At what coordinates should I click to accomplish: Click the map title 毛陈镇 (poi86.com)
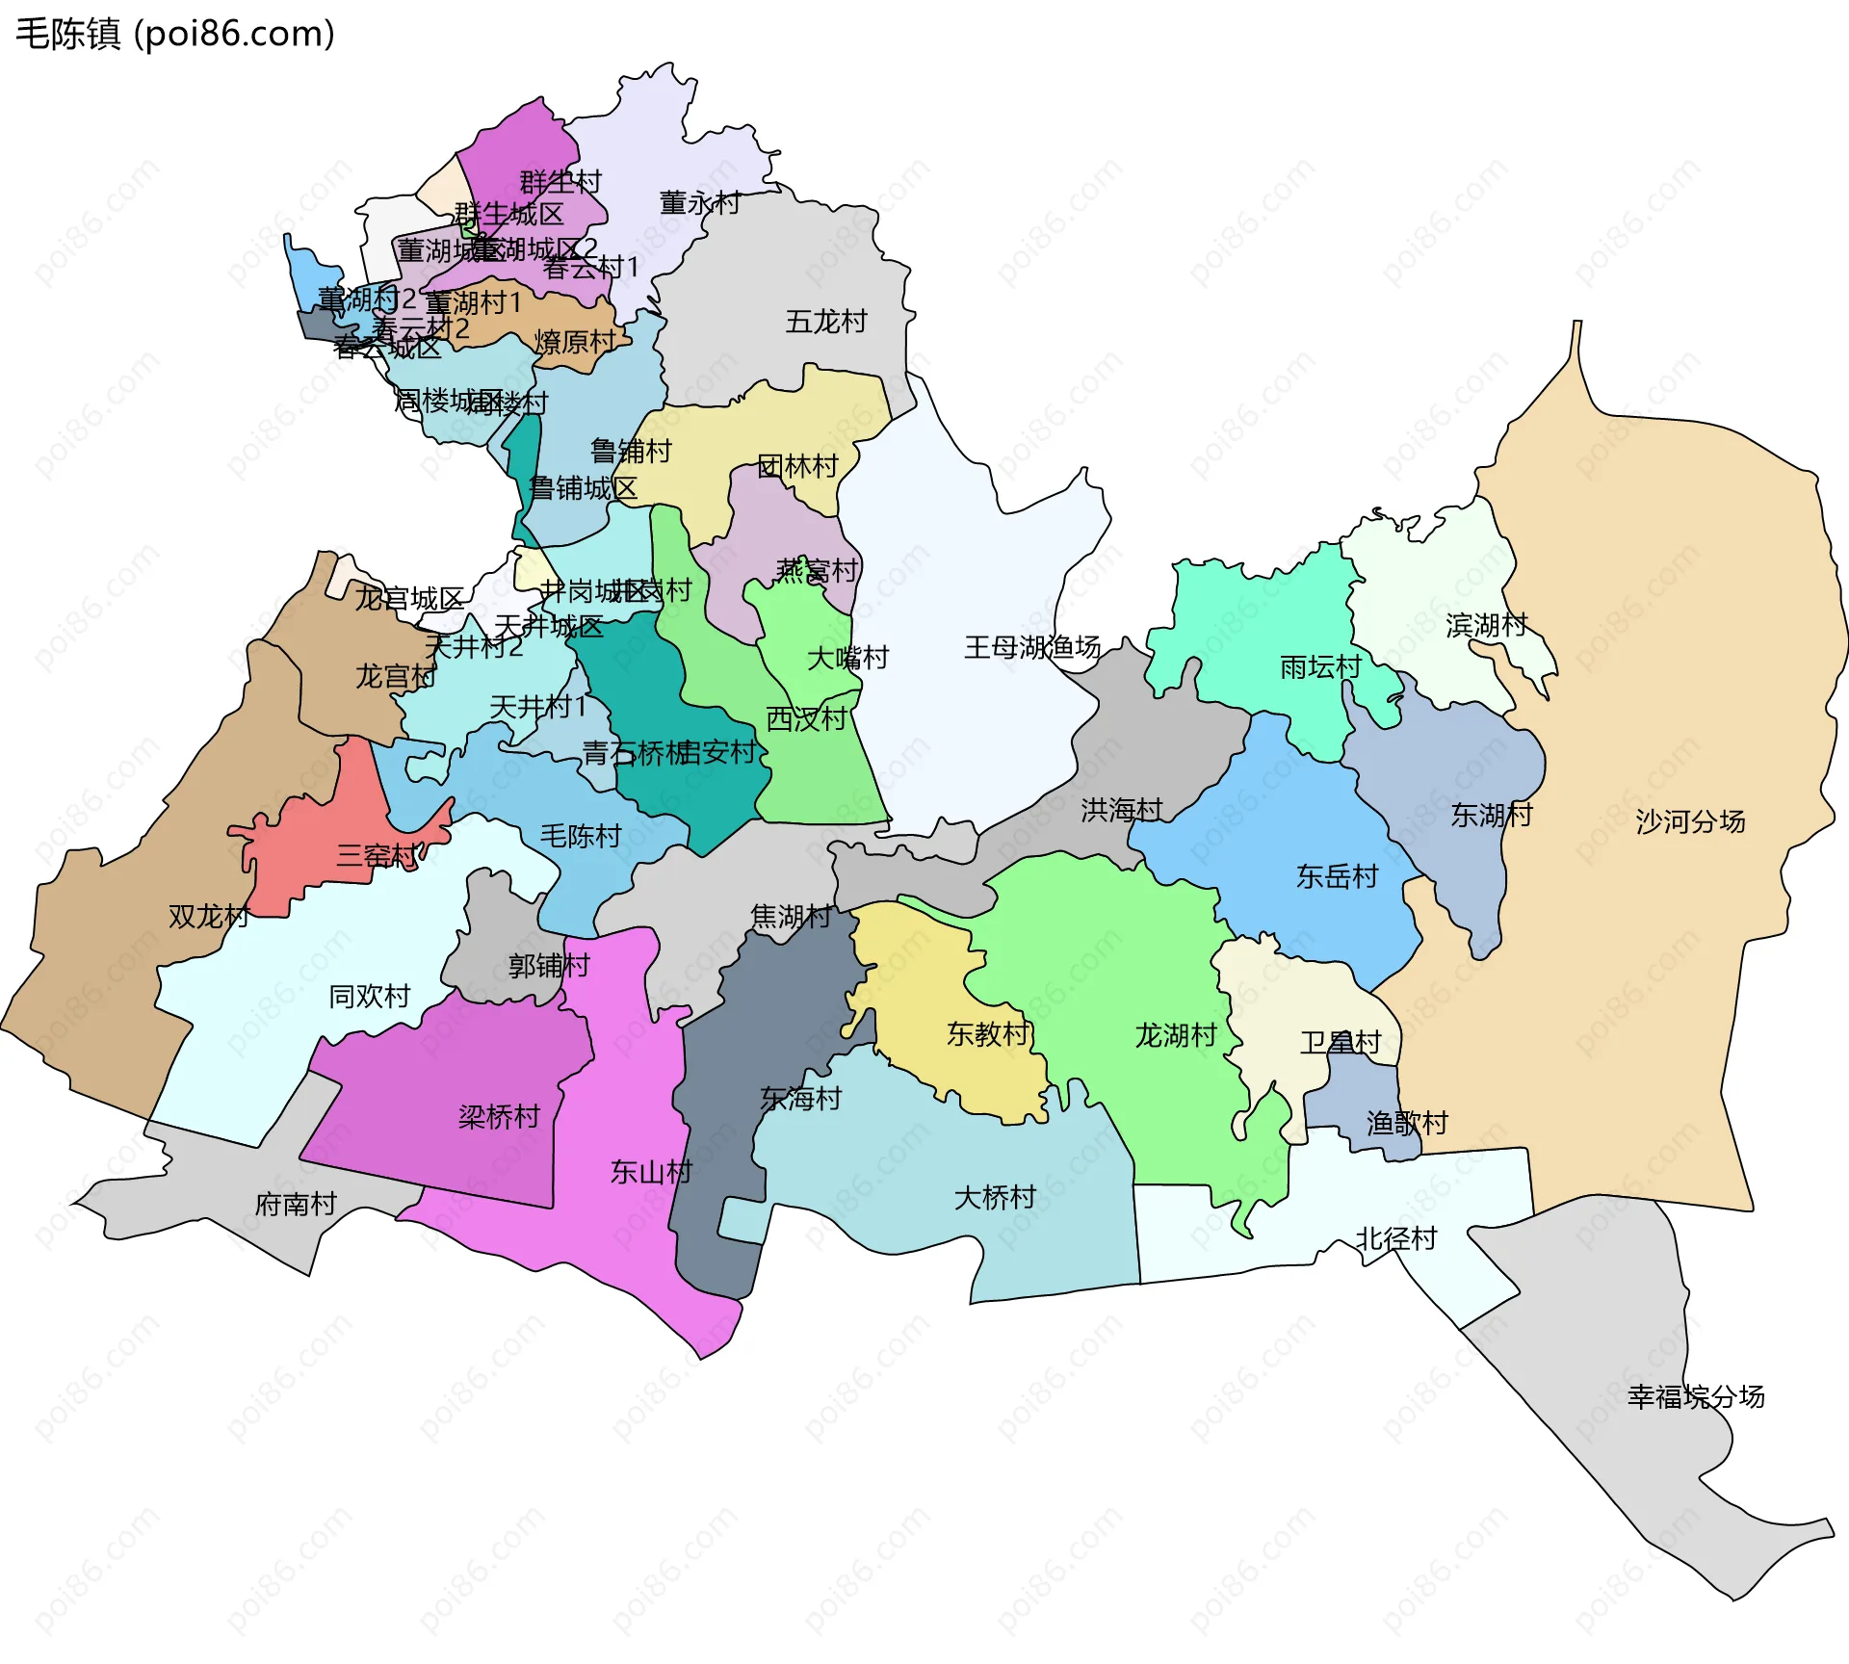click(175, 34)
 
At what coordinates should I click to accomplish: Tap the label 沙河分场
click(1690, 821)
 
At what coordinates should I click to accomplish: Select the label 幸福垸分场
click(1696, 1396)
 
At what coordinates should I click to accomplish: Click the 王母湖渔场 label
click(1032, 647)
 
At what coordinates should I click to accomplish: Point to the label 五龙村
click(826, 321)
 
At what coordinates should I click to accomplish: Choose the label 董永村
click(700, 202)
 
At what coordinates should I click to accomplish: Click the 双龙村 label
click(209, 916)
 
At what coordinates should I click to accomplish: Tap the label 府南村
click(296, 1204)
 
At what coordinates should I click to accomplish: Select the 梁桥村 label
click(499, 1117)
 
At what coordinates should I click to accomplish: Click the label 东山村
click(652, 1172)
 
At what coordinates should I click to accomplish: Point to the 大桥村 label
click(995, 1197)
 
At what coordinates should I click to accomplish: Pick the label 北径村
click(1396, 1238)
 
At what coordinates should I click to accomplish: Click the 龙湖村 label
click(1176, 1035)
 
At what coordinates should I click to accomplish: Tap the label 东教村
click(988, 1033)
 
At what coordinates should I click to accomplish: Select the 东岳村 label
click(1337, 876)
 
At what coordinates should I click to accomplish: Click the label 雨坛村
click(1320, 666)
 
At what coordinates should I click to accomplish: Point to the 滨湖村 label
click(1487, 625)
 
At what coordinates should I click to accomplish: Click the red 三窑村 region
click(318, 828)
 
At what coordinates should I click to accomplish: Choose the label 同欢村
click(370, 996)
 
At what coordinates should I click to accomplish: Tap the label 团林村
click(797, 466)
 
